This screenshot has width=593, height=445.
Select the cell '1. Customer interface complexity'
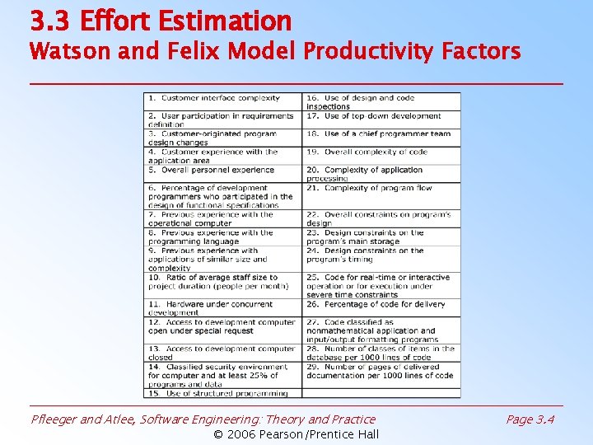tap(214, 98)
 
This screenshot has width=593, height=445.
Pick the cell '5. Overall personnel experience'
tap(212, 170)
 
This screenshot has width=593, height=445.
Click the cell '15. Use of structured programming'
tap(212, 393)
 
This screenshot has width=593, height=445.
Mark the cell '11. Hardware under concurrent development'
tap(210, 308)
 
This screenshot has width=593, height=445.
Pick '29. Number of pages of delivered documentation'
tap(380, 371)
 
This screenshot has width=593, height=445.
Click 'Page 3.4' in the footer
tap(530, 419)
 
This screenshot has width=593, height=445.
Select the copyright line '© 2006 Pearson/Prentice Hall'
tap(296, 434)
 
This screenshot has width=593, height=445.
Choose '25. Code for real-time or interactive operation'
tap(378, 286)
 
